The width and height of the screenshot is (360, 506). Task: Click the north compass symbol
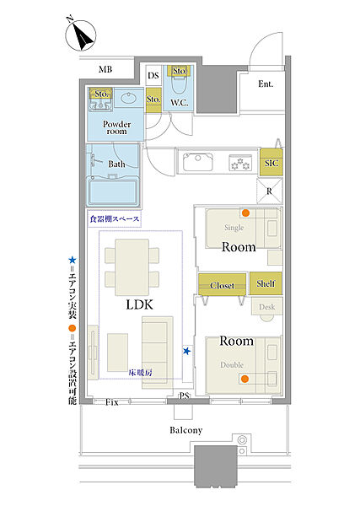tap(81, 35)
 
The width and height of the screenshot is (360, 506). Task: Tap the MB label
tap(105, 69)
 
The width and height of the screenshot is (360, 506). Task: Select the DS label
tap(153, 76)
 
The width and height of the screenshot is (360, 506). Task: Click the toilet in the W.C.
tap(179, 85)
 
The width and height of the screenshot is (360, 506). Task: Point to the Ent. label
tap(266, 84)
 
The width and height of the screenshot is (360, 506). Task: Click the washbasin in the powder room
tap(129, 98)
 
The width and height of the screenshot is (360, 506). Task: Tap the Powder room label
tap(117, 127)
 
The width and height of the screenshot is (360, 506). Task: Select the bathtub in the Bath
tap(113, 192)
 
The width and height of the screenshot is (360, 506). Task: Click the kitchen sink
tap(198, 162)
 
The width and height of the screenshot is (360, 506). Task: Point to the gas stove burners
tap(240, 163)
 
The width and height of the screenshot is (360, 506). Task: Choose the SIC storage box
tap(271, 162)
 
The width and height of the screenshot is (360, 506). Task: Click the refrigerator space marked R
tap(269, 191)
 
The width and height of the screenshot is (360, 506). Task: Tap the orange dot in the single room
tap(246, 213)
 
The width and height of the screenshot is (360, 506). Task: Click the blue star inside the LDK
tap(186, 351)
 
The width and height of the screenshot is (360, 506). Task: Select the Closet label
tap(223, 286)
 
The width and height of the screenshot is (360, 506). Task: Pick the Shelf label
tap(266, 283)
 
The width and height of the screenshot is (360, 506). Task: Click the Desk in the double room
tap(267, 307)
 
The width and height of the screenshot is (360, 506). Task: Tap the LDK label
tap(139, 305)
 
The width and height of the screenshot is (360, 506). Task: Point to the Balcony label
tap(186, 430)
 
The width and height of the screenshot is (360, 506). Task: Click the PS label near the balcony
tap(184, 396)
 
